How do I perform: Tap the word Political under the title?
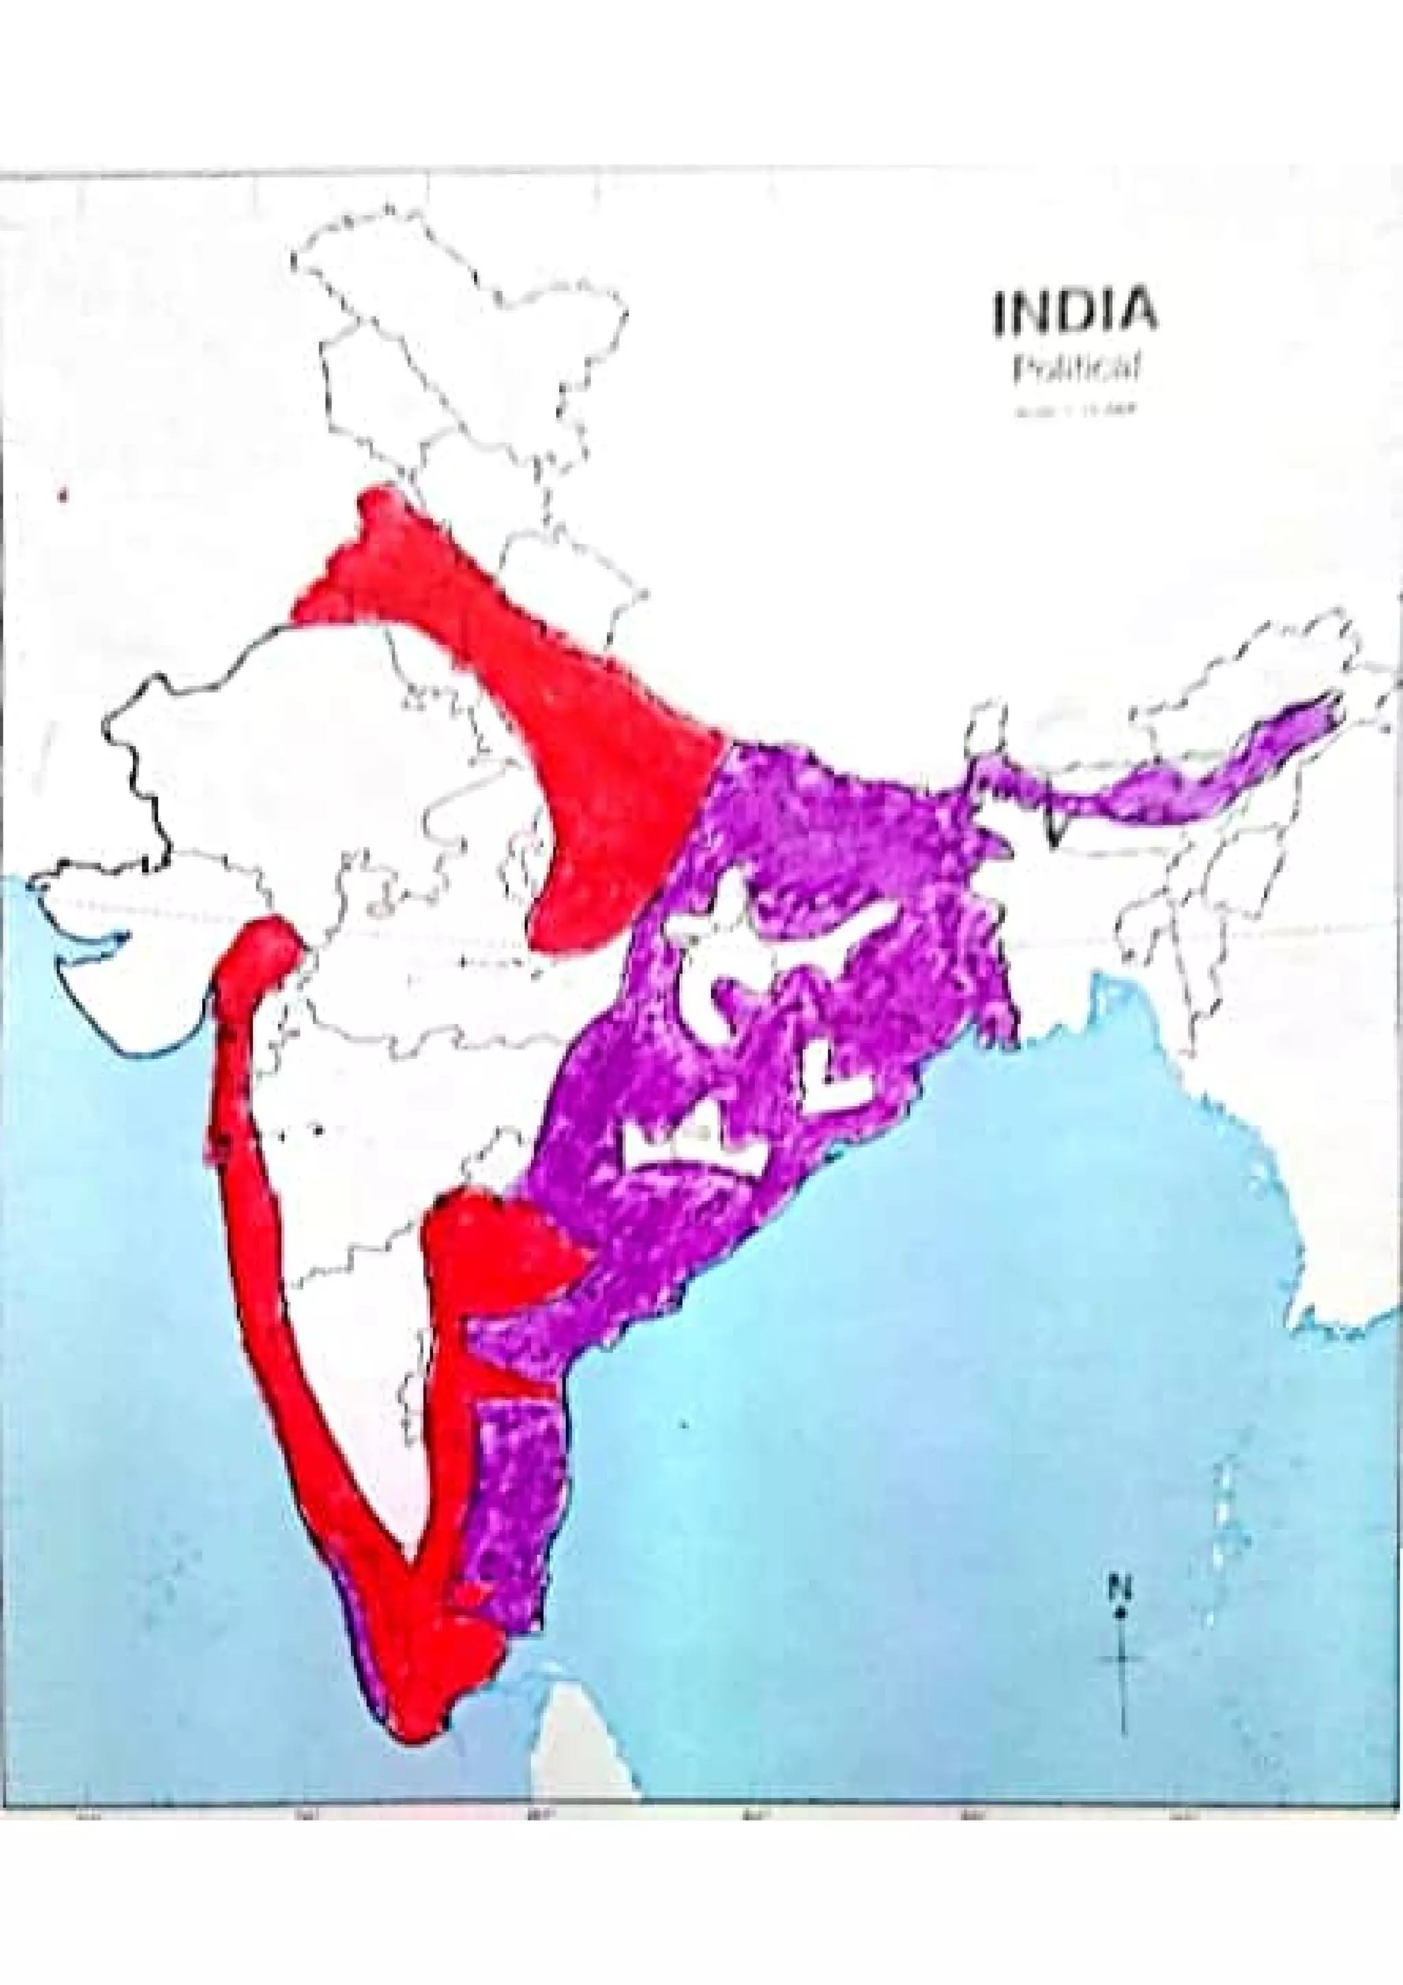pos(1073,370)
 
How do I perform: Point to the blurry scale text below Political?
pos(1073,412)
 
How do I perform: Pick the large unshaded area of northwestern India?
pos(285,778)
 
